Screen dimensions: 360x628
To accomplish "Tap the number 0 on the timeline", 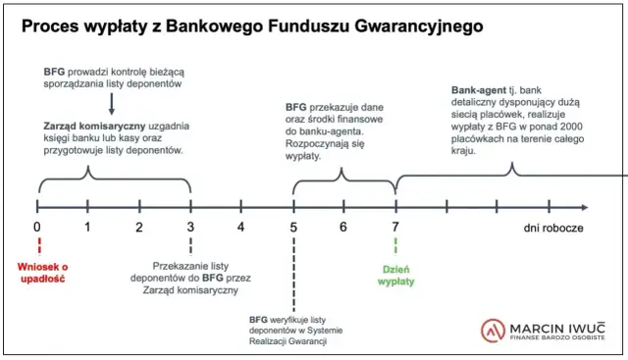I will point(37,227).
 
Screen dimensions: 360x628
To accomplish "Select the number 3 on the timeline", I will point(190,227).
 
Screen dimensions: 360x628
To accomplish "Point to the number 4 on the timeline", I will point(241,227).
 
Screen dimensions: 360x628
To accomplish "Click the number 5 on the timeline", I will point(293,227).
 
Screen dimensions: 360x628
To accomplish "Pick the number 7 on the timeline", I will point(395,227).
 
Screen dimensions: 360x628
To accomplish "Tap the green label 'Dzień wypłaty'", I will point(396,275).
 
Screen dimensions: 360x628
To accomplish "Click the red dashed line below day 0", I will point(37,245).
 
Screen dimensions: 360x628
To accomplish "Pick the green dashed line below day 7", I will point(395,247).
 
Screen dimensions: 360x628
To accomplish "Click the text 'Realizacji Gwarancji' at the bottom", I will point(288,342).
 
